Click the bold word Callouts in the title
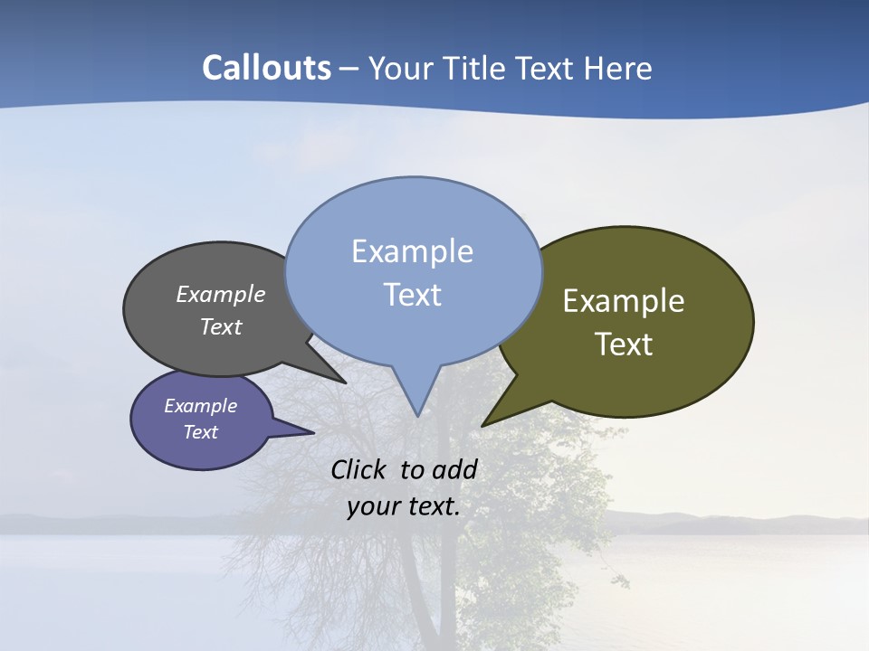click(x=266, y=68)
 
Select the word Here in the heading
click(x=618, y=68)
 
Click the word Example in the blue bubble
click(x=412, y=251)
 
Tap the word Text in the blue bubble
click(x=412, y=295)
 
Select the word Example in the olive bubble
click(x=624, y=301)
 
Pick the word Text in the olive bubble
click(x=624, y=344)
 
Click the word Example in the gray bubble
click(x=221, y=295)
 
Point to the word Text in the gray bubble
click(x=221, y=326)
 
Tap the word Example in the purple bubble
click(x=201, y=406)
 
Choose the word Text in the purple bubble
click(x=201, y=432)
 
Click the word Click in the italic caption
click(x=360, y=469)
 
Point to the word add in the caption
click(x=454, y=469)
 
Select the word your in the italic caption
click(x=371, y=506)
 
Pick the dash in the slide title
click(x=350, y=69)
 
